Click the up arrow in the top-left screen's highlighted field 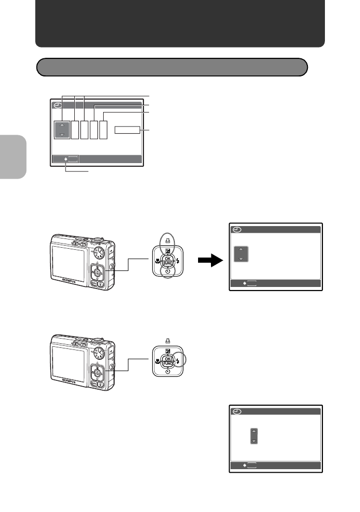[62, 124]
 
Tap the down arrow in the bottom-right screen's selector [254, 440]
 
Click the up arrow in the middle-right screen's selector [241, 249]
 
